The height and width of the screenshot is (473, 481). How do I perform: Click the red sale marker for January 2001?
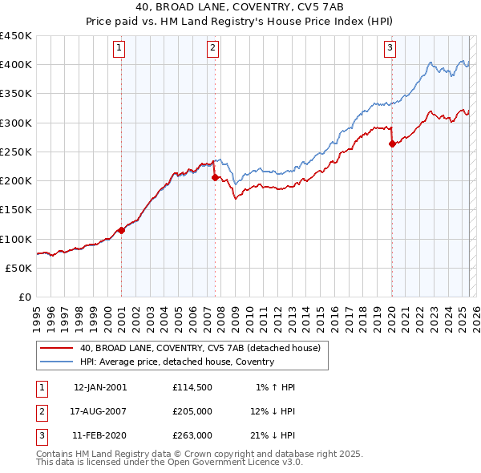point(122,230)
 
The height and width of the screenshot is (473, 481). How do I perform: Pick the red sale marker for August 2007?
point(215,177)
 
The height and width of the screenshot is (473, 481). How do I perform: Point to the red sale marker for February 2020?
point(392,144)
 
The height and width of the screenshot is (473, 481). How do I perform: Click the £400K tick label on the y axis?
point(15,65)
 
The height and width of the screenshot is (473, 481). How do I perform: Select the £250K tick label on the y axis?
point(15,152)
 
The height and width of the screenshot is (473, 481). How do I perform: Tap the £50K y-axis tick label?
point(18,268)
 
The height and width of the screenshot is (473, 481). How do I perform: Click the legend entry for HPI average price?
point(176,362)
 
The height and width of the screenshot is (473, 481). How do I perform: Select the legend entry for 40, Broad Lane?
point(200,348)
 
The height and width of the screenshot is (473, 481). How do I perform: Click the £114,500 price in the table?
point(192,387)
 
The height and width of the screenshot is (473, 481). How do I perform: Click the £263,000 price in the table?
point(192,435)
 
